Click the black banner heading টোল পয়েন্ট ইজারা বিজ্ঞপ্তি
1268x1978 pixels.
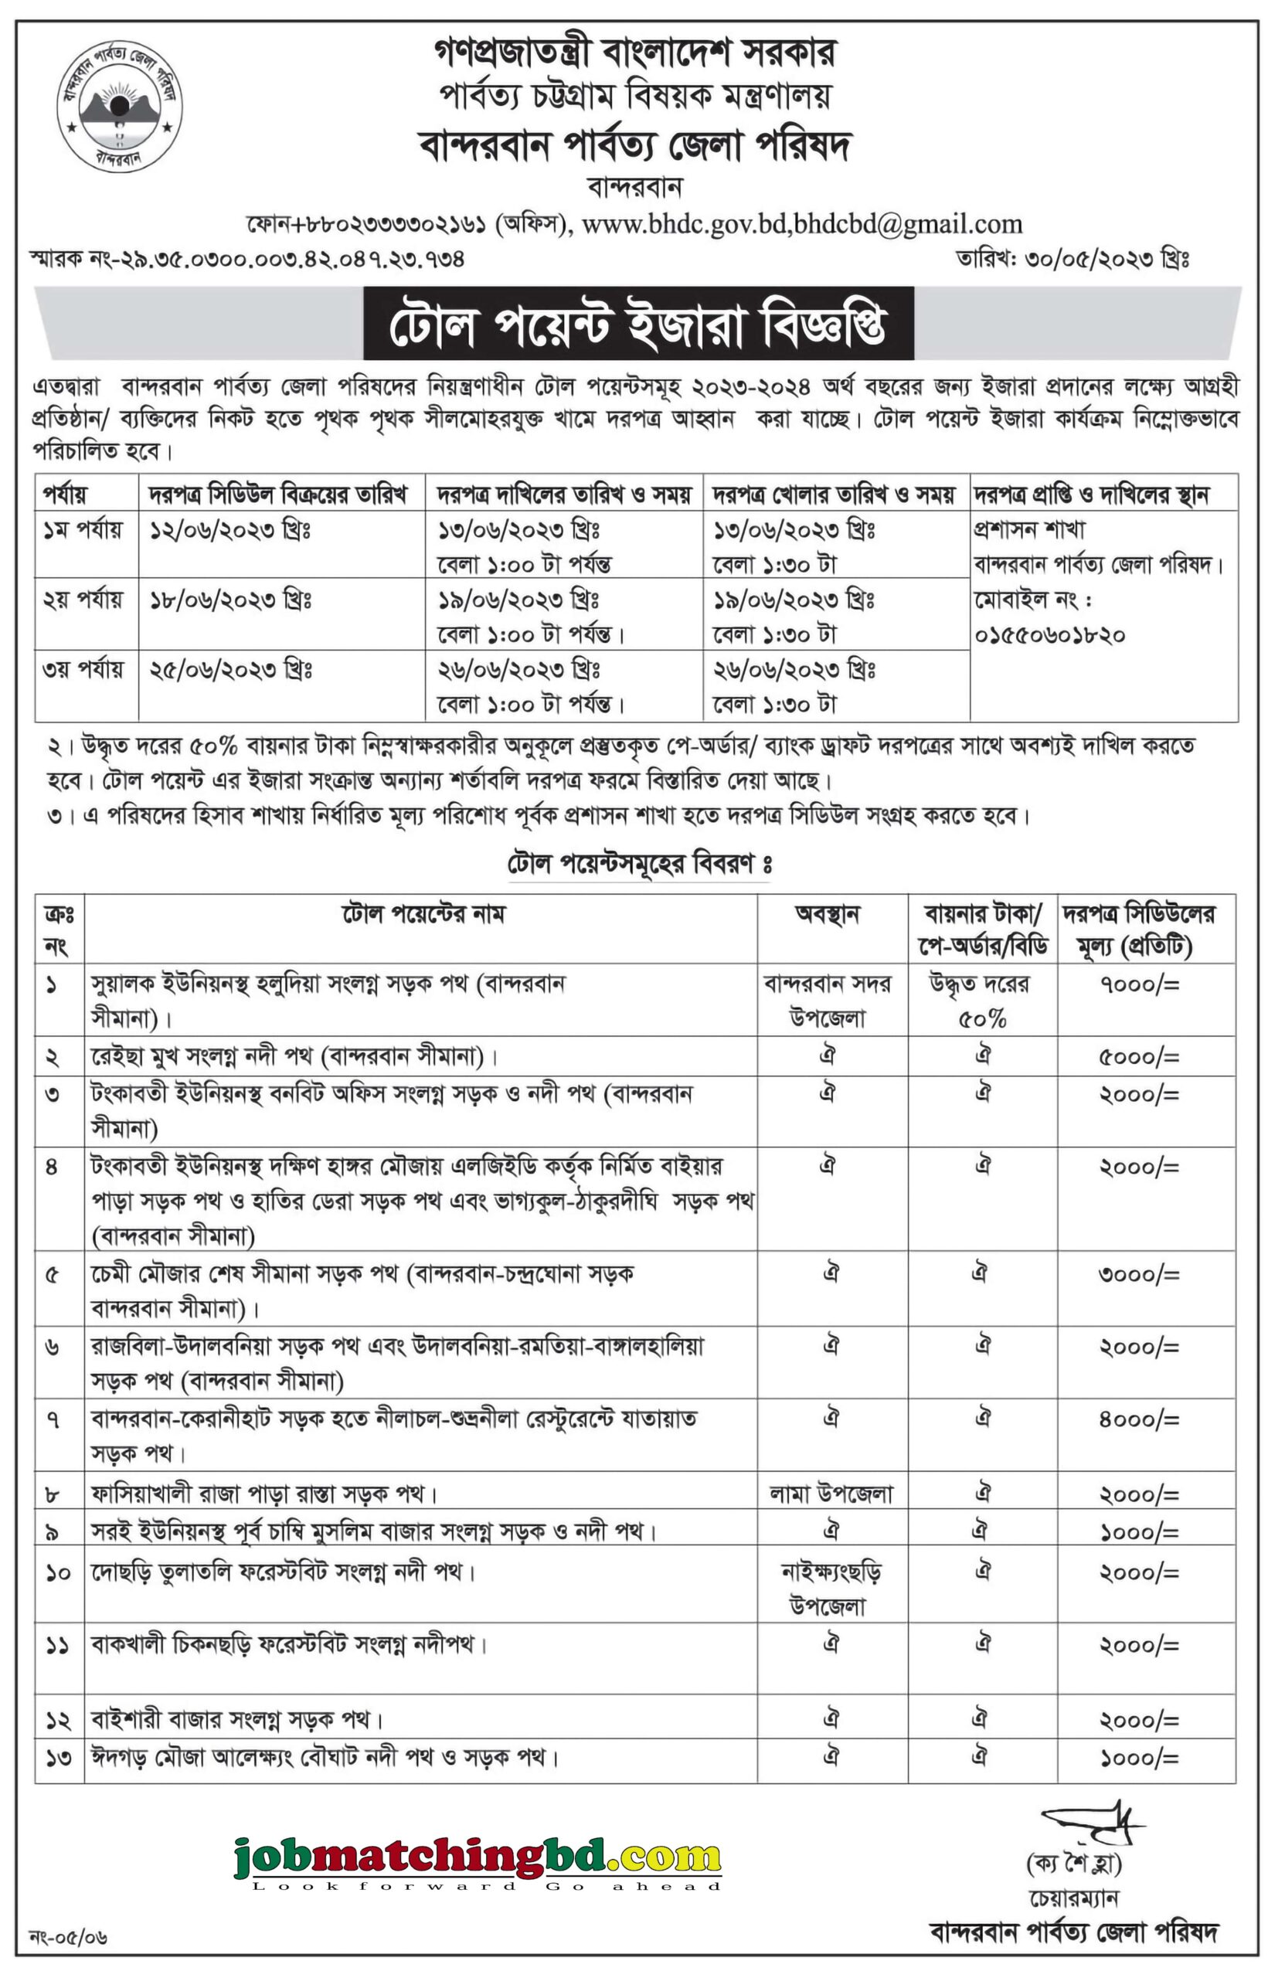coord(638,324)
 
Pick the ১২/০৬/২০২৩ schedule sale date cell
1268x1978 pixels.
coord(229,531)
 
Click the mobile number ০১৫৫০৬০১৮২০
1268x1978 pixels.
coord(1050,635)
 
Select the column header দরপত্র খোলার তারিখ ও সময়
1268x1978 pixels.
coord(834,494)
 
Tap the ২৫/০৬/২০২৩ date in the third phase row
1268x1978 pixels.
coord(229,670)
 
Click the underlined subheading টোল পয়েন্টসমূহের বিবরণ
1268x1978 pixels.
coord(640,865)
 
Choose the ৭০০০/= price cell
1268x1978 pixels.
coord(1140,984)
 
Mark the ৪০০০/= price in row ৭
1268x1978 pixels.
coord(1140,1420)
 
